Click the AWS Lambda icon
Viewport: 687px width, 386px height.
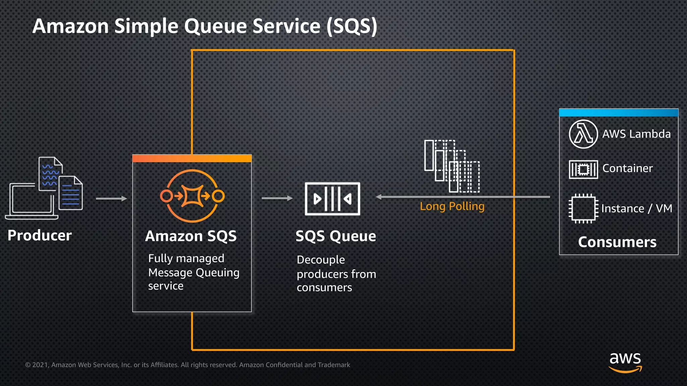click(583, 134)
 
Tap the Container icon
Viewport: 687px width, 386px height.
click(583, 169)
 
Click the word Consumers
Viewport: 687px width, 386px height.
click(617, 242)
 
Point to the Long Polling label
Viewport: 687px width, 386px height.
click(452, 206)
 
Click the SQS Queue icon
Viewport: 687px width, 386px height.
click(332, 199)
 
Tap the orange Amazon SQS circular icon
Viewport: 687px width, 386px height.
click(192, 196)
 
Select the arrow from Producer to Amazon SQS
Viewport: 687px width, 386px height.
click(111, 199)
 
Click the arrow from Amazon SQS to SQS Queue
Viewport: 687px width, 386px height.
click(277, 198)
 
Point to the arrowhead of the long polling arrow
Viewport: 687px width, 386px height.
click(379, 197)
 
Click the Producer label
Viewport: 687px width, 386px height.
click(40, 235)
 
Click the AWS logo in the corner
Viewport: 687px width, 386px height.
click(625, 362)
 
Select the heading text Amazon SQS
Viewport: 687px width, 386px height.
click(191, 236)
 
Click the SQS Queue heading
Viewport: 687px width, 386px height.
click(335, 236)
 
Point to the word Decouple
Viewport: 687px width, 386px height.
click(321, 260)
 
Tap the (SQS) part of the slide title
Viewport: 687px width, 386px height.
click(352, 26)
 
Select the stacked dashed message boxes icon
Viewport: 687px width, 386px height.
click(452, 166)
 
